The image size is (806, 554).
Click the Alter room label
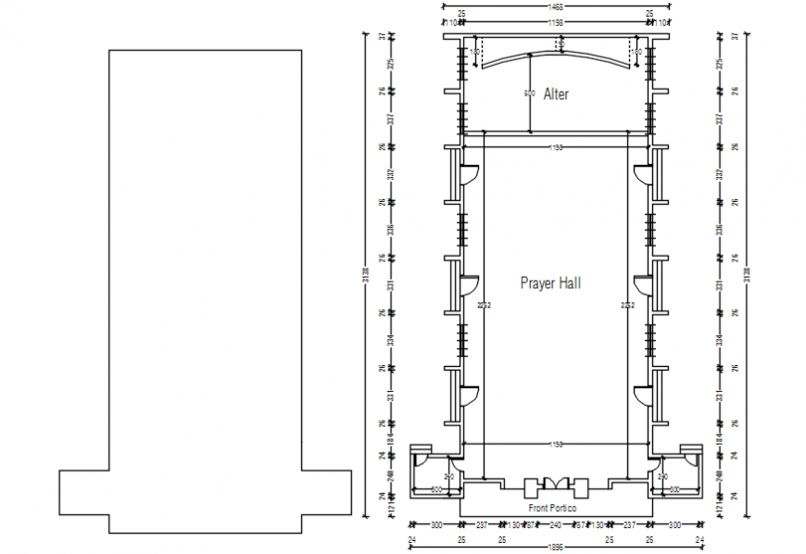click(x=556, y=94)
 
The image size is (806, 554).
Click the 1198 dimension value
click(x=556, y=21)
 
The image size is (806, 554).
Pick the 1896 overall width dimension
click(x=556, y=547)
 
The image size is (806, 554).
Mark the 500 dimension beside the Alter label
click(x=530, y=94)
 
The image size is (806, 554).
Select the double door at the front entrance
click(x=556, y=485)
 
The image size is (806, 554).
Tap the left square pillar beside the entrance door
click(x=532, y=488)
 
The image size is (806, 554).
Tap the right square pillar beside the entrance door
click(x=581, y=488)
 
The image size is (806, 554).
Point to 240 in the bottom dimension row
click(x=556, y=524)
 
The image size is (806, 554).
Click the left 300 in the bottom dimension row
click(x=436, y=524)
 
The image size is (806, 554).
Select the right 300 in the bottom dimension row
click(x=675, y=524)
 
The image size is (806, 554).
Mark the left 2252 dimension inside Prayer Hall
click(x=484, y=305)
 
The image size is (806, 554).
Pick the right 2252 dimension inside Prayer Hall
click(x=628, y=305)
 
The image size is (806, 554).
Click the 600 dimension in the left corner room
click(x=437, y=489)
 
